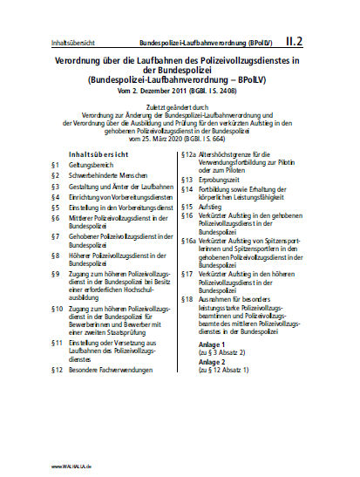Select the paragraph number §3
pos(55,186)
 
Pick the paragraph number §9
pos(55,274)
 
